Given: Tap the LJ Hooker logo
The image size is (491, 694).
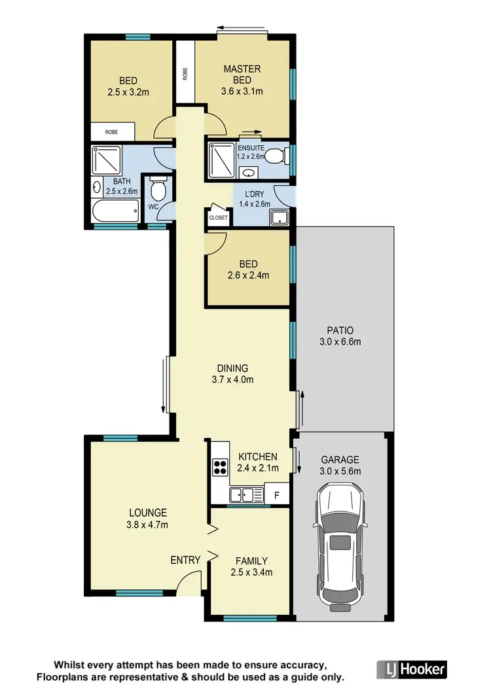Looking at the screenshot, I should pos(412,668).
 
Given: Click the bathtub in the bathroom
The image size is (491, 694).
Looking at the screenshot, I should pos(115,211).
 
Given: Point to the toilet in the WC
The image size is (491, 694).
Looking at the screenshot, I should pos(158,191).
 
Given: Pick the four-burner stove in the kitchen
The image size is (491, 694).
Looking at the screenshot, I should pos(220,467).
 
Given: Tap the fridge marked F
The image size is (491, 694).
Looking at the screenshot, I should pos(276,495).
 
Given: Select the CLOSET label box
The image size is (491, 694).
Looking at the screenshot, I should pos(218,218).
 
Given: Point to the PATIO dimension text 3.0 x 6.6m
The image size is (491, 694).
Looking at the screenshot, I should pos(340,341).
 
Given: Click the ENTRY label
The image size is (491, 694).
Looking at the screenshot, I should pos(185,560).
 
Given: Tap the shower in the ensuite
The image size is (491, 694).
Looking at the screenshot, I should pos(221,158).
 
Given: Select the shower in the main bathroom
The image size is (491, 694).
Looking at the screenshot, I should pos(104,159).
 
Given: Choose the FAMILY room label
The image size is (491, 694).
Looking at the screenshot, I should pos(251,561).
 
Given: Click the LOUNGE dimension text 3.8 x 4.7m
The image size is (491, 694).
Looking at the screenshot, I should pos(147,525).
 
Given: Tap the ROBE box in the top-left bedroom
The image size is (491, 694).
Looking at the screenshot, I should pos(113,132).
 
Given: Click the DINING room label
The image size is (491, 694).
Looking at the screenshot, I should pos(233,368).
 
